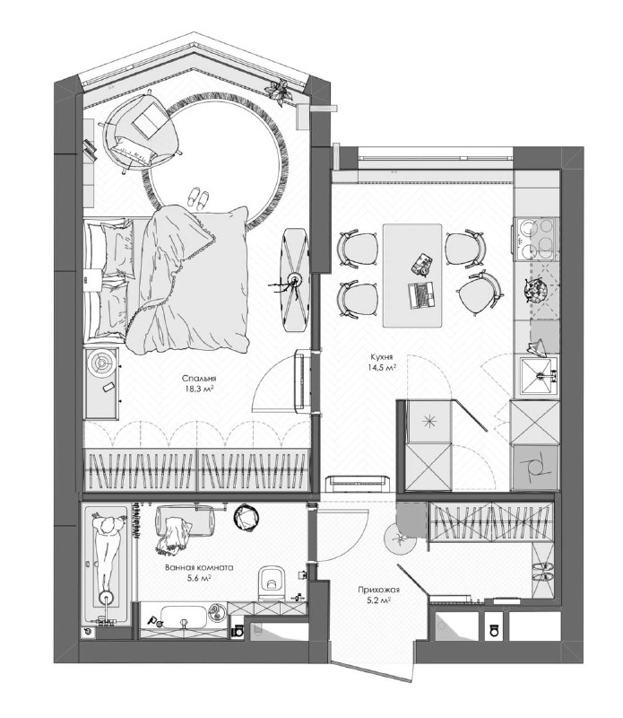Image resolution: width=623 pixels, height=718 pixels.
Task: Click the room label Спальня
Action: point(199,379)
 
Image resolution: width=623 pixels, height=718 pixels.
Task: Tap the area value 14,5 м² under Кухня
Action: point(381,367)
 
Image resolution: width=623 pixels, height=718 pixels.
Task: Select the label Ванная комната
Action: point(199,568)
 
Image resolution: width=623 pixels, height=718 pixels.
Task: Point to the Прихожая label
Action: point(379,590)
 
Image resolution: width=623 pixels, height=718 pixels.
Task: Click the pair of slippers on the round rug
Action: point(199,198)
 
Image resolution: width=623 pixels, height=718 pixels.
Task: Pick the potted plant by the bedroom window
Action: point(279,92)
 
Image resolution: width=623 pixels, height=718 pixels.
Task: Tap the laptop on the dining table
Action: point(420,294)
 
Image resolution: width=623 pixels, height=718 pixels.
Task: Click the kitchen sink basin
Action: point(539,375)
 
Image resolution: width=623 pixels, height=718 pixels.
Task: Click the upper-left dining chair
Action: point(358,249)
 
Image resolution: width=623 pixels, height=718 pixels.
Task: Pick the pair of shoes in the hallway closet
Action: point(542,573)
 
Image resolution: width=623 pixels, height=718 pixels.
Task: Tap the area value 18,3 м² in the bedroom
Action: point(199,390)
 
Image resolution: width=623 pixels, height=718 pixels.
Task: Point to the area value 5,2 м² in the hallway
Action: point(379,600)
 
